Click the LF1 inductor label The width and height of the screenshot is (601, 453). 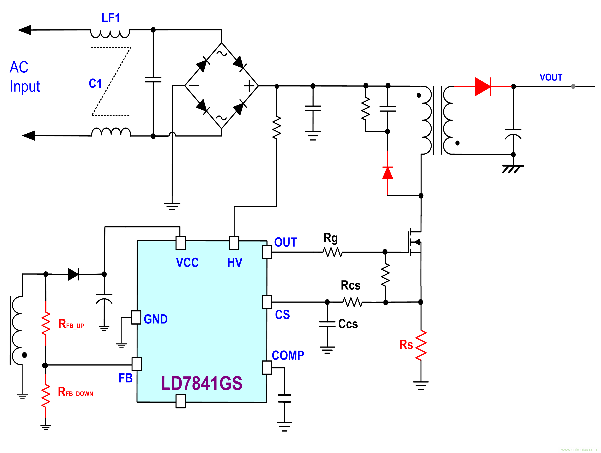[x=111, y=18]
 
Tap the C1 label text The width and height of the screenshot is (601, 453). [x=95, y=83]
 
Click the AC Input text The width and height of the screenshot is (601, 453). [x=24, y=77]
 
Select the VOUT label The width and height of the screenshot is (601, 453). [x=551, y=77]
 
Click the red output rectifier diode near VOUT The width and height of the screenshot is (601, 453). [x=483, y=86]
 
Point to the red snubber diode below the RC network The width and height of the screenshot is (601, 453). [x=387, y=173]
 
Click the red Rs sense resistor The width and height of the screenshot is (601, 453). [x=421, y=345]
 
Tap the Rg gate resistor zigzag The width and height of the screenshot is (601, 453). [x=333, y=252]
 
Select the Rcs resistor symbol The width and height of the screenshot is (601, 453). [x=352, y=302]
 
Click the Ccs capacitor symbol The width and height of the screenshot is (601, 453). [x=327, y=324]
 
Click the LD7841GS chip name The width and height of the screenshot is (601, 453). [x=202, y=383]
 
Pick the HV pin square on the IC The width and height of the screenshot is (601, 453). [x=234, y=243]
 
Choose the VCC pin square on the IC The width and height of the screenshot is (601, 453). [x=180, y=243]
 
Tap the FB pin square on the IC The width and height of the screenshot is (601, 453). [x=137, y=364]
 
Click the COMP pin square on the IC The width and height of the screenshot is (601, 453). [x=267, y=368]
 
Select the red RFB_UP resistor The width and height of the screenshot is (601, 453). [x=46, y=323]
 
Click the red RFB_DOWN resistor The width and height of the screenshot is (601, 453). [x=46, y=396]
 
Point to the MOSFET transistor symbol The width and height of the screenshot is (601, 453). [x=414, y=242]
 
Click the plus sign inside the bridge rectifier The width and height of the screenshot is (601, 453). [x=249, y=86]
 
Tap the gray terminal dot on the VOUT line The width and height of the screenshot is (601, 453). [x=573, y=86]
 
